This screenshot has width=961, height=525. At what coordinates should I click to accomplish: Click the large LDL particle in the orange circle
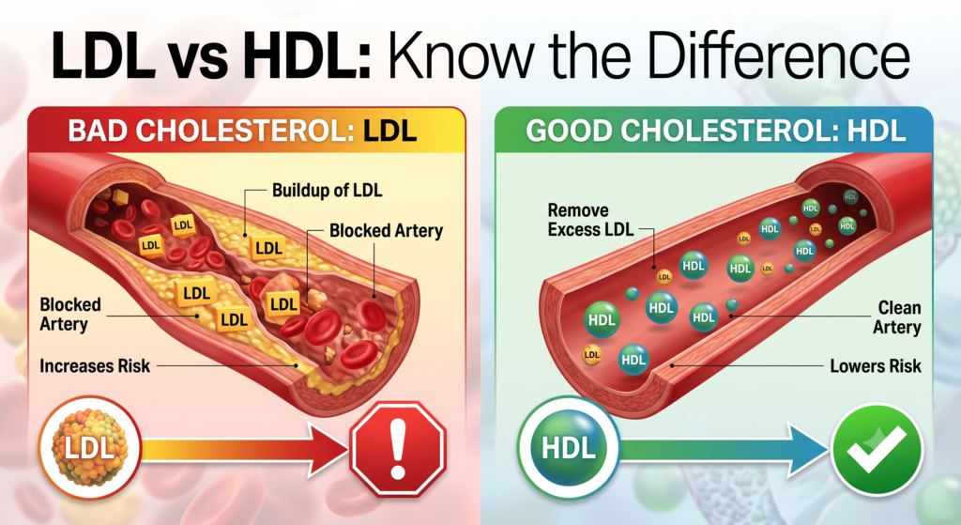89,448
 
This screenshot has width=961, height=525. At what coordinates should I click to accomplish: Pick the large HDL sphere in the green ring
569,448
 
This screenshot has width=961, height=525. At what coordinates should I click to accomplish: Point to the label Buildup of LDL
327,190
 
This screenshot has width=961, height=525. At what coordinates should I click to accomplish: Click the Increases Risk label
95,366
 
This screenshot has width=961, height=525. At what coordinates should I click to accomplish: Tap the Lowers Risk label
876,366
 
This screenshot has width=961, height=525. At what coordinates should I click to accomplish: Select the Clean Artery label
897,317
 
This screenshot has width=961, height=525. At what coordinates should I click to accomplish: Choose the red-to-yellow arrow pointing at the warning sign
245,450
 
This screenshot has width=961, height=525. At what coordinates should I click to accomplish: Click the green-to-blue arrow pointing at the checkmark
725,450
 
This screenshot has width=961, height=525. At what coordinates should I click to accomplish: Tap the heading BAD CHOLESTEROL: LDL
243,131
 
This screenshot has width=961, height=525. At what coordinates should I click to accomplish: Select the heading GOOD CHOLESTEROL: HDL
715,131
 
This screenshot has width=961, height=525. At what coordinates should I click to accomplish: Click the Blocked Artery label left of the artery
69,314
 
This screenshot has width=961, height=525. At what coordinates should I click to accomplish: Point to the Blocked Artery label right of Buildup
386,231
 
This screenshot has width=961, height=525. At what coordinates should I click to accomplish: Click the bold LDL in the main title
103,56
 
